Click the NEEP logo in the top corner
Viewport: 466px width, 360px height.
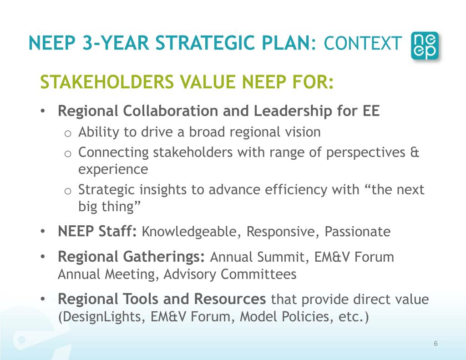425,46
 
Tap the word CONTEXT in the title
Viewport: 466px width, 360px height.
363,44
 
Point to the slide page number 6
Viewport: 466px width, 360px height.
436,344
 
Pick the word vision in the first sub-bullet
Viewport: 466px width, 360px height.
302,132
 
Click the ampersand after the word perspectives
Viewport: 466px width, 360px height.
415,152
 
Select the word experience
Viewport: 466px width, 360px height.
113,169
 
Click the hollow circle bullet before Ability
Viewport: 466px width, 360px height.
67,133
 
